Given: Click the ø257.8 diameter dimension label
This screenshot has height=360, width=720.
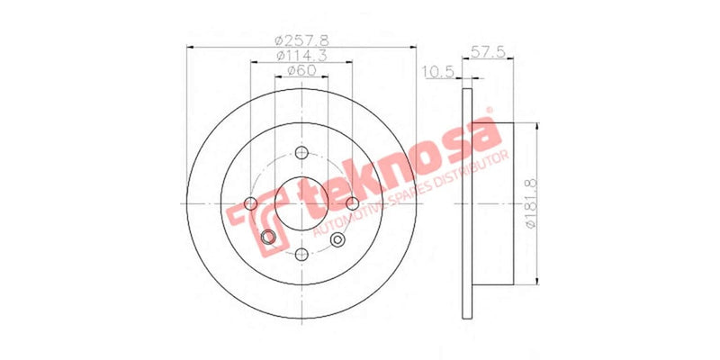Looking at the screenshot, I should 302,40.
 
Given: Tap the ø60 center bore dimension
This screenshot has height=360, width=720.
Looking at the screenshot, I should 302,71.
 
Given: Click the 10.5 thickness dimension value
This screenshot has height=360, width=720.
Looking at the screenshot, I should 436,71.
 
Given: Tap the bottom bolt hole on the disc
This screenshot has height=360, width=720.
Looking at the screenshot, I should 302,255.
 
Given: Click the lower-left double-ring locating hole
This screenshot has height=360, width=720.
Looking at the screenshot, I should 267,238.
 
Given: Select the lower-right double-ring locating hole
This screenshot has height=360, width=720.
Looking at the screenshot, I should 338,238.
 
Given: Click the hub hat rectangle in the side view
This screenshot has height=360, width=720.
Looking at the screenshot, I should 492,202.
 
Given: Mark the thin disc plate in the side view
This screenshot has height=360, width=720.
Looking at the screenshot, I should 467,202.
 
